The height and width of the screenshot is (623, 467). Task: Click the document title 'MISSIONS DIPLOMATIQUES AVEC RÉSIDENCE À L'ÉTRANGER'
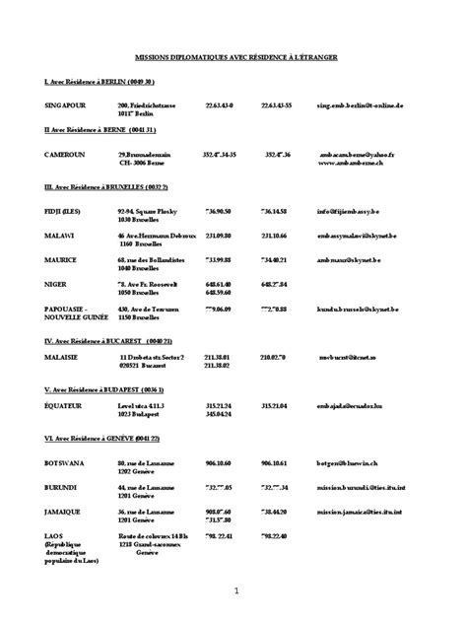pos(236,58)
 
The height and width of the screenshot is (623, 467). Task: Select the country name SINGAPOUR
pos(64,104)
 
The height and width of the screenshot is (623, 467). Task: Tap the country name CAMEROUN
pos(62,154)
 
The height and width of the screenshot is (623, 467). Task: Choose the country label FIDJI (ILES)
pos(62,210)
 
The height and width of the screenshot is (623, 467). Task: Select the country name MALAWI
pos(58,236)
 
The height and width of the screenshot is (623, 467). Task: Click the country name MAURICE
pos(60,260)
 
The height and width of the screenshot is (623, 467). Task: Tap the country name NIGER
pos(55,285)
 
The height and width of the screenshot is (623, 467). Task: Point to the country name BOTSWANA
pos(64,462)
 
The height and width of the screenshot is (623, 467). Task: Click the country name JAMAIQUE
pos(63,512)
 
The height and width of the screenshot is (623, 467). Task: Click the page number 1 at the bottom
pos(236,590)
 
